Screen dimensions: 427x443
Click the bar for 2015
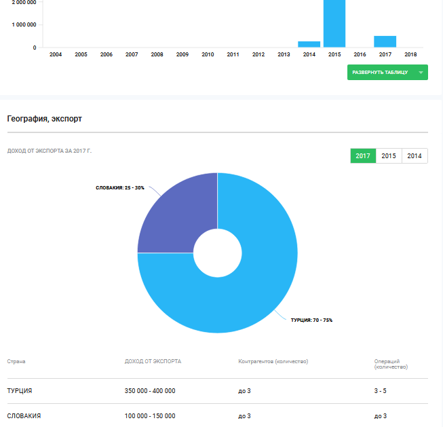click(334, 24)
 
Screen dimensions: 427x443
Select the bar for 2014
click(309, 44)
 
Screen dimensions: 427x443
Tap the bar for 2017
click(385, 41)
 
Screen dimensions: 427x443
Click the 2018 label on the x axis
click(410, 54)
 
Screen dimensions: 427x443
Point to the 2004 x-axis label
click(56, 54)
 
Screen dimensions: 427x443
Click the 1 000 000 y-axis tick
click(24, 25)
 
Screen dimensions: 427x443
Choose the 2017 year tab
click(363, 156)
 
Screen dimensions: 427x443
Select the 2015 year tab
click(389, 156)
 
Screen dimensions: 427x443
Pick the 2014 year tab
click(415, 156)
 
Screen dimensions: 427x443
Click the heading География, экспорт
click(45, 119)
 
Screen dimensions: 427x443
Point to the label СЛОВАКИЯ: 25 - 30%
click(120, 187)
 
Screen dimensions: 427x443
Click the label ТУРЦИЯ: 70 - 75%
click(311, 320)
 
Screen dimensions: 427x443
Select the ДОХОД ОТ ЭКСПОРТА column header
click(153, 362)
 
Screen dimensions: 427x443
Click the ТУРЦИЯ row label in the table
click(20, 391)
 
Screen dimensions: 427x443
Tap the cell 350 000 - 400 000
click(150, 391)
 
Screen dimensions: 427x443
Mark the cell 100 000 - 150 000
click(150, 415)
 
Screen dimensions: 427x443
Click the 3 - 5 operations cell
click(381, 391)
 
